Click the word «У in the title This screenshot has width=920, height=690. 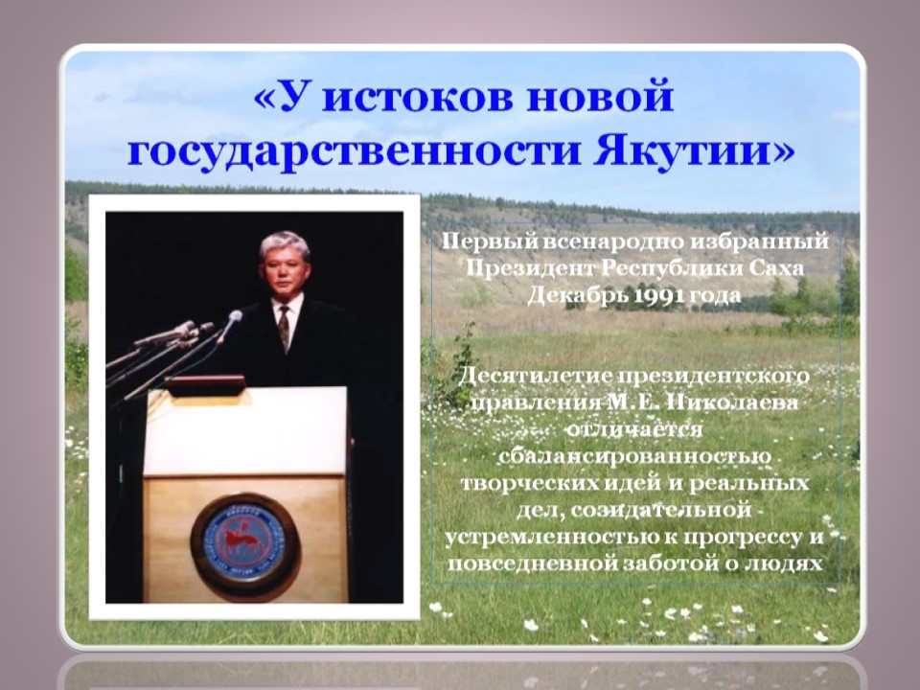tap(282, 98)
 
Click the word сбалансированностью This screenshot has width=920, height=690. tap(634, 456)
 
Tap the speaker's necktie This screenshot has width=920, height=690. tap(285, 329)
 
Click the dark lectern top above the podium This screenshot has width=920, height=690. tap(205, 385)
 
